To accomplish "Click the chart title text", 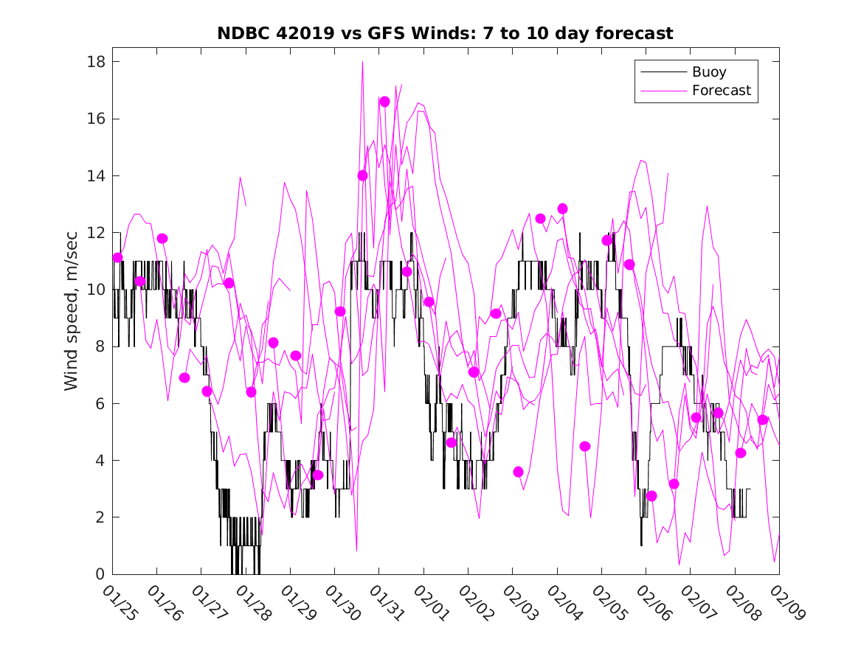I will point(445,34).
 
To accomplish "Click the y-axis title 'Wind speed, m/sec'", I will point(71,318).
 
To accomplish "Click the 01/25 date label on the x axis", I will point(120,602).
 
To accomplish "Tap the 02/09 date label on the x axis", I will point(786,602).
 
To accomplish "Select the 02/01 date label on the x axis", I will point(430,602).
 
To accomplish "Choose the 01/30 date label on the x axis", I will point(342,602).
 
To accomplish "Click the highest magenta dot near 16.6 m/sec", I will point(384,102).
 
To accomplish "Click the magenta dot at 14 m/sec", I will point(362,175).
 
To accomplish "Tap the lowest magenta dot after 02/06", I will point(651,496).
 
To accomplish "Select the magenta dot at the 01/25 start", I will point(118,257).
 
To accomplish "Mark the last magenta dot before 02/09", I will point(763,420).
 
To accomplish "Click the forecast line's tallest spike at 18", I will point(362,63).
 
